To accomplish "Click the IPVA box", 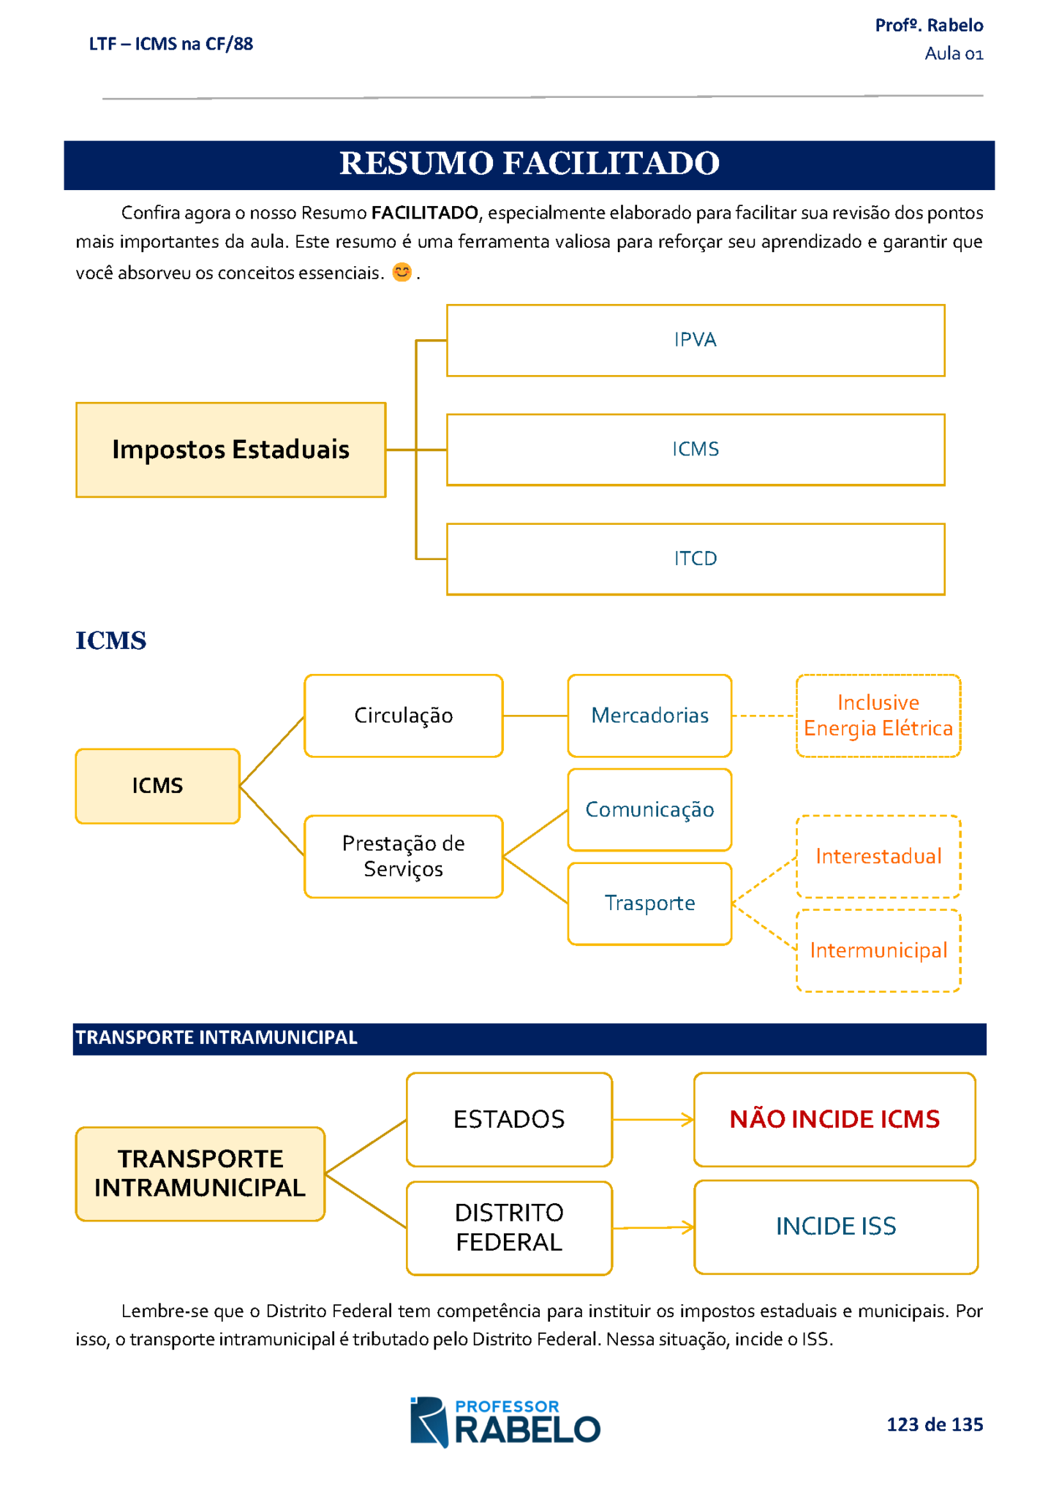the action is pos(696,341).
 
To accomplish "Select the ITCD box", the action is pos(696,559).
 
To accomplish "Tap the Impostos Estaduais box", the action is pos(231,450).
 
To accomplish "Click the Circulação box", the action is pos(404,716).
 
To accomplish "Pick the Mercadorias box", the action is pos(649,716).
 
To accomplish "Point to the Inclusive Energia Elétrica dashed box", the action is pos(878,716).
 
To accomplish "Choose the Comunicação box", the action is pos(649,810).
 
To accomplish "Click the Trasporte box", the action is pos(649,904).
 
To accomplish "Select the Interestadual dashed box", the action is pos(878,857).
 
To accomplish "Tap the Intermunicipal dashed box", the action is pos(878,951).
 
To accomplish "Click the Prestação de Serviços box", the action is pos(404,857).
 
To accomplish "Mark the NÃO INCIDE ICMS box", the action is pos(834,1120).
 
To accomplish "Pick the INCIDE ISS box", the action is pos(836,1227).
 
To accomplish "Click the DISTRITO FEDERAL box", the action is pos(509,1228).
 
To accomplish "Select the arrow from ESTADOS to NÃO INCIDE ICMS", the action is pos(653,1120).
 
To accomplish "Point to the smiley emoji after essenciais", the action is pos(402,273).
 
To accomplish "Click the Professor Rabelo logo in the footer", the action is pos(505,1422).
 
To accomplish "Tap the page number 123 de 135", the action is pos(935,1425).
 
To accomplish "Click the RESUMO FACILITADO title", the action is pos(529,164).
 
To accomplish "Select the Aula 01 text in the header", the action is pos(954,54).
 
